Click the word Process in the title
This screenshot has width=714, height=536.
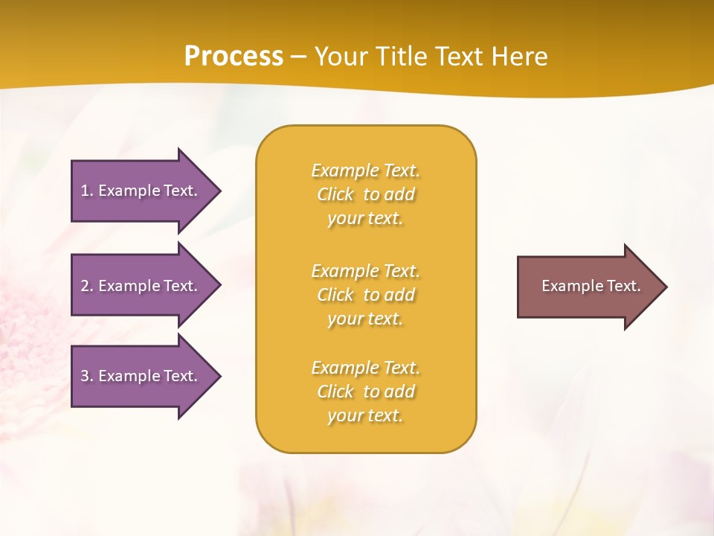coord(234,57)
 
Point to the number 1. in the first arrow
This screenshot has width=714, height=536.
coord(87,191)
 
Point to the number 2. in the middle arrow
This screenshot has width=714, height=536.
coord(87,286)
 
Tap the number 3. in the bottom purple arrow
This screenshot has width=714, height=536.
coord(87,376)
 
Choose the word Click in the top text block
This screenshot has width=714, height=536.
coord(335,194)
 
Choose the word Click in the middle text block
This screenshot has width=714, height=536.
coord(335,295)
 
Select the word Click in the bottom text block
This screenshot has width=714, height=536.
coord(335,392)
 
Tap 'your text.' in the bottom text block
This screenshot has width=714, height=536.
coord(365,415)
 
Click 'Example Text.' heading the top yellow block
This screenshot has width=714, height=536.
coord(365,170)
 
